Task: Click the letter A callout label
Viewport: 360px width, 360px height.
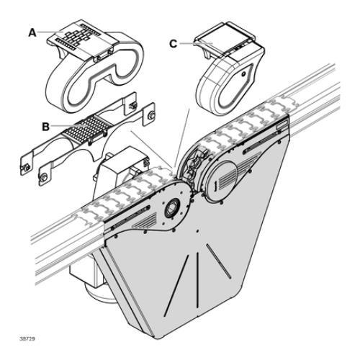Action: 32,32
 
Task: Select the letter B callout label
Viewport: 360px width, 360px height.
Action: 45,127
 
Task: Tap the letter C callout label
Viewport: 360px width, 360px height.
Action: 174,44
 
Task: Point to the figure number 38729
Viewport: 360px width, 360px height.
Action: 27,338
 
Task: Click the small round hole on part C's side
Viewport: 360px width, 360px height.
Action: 243,74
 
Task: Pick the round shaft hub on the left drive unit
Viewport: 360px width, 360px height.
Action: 172,208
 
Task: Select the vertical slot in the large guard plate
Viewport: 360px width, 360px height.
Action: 197,279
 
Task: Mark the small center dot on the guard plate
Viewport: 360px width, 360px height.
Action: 197,231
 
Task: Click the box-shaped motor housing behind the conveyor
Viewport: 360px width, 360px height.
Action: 120,173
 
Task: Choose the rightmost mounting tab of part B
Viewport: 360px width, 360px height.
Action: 148,114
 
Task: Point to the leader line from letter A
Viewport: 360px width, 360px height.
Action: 50,32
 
